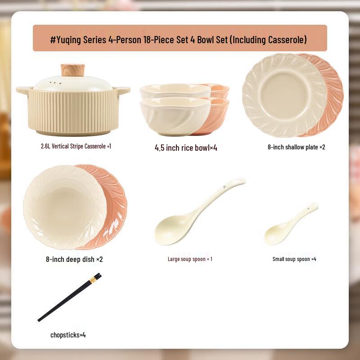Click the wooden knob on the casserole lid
(x=73, y=70)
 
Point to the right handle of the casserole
(x=122, y=90)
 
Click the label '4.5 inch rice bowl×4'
(x=186, y=148)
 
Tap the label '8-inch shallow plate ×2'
(x=296, y=147)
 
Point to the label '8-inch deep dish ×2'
(x=74, y=259)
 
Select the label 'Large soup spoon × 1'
(x=190, y=259)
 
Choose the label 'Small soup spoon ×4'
(x=294, y=259)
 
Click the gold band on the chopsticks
(x=92, y=280)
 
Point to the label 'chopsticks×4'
(x=68, y=335)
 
